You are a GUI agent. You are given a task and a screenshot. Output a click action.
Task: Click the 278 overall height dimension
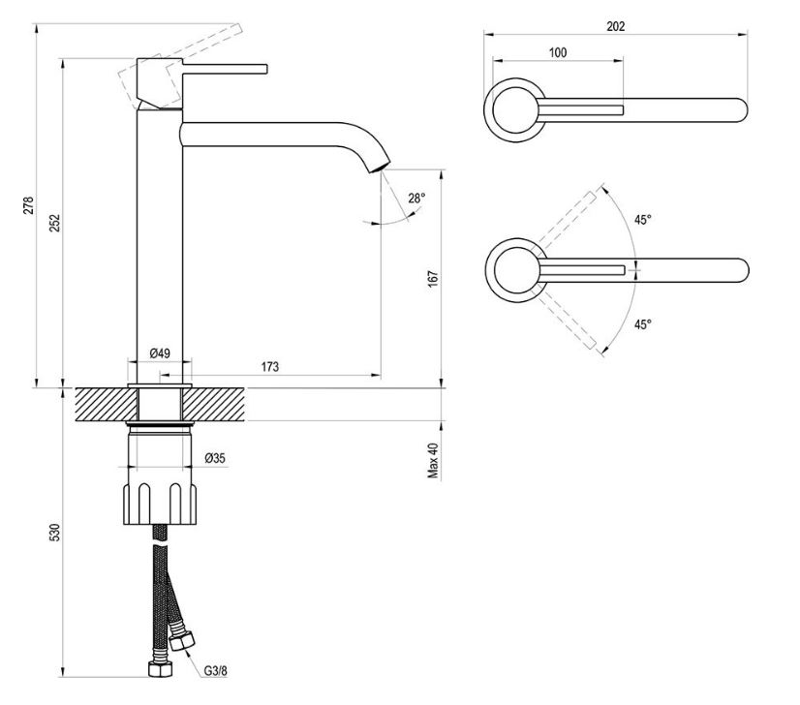tap(29, 204)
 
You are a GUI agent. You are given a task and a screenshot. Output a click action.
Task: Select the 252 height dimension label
tap(54, 223)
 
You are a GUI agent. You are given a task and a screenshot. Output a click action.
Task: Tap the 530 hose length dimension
tap(54, 532)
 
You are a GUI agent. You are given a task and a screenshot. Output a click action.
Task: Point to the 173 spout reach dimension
tap(270, 367)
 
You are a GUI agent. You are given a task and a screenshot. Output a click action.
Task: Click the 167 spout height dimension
tap(433, 279)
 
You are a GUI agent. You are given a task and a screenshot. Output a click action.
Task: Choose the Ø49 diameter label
tap(160, 353)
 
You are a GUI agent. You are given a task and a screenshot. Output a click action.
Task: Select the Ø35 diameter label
tap(215, 458)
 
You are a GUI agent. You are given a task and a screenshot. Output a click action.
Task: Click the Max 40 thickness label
tap(433, 461)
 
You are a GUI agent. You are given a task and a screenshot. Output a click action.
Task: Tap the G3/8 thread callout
tap(215, 670)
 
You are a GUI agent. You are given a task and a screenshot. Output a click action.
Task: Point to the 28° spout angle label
tap(416, 198)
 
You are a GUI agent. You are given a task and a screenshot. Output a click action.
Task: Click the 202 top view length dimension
tap(616, 26)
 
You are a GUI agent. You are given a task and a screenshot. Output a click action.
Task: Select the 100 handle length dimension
tap(558, 52)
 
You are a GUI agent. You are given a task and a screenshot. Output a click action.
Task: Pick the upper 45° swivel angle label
tap(643, 220)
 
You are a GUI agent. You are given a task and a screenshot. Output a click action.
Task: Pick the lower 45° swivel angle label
tap(643, 324)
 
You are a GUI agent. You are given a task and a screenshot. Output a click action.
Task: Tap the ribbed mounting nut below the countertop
tap(160, 503)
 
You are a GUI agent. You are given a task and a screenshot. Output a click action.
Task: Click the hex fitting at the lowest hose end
tap(160, 669)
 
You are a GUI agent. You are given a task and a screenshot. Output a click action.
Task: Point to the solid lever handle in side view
tap(225, 69)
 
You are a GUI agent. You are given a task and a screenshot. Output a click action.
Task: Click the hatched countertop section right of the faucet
tap(214, 405)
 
